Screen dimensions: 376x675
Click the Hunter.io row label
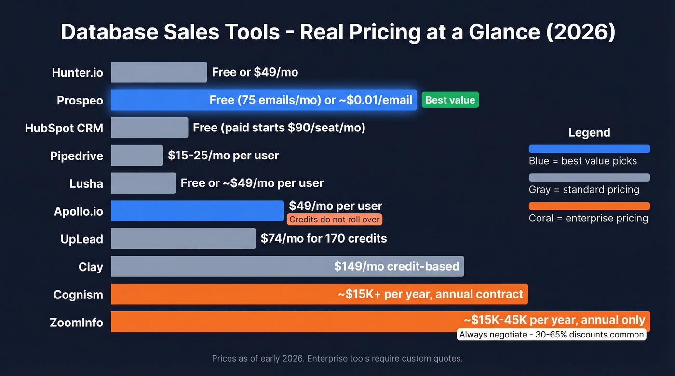coord(78,73)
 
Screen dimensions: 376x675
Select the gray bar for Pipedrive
coord(137,156)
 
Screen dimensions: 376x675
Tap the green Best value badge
coord(450,100)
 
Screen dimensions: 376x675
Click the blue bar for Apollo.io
coord(197,211)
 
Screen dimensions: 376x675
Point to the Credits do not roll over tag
coord(335,220)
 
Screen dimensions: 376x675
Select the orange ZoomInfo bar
coord(284,322)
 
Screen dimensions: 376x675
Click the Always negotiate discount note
coord(551,335)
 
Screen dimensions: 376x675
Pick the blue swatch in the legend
coord(589,149)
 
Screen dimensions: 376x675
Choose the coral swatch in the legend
coord(589,206)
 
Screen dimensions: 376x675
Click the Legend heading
coord(589,132)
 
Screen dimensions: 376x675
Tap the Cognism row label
coord(78,295)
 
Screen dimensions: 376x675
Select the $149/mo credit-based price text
coord(396,266)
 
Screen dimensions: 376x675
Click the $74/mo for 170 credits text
coord(324,238)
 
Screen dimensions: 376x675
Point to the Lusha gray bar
coord(143,183)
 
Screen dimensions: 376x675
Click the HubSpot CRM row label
coord(64,129)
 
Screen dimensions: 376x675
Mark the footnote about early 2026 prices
coord(337,359)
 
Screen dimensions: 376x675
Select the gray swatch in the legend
coord(589,177)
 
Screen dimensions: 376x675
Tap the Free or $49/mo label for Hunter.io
coord(255,72)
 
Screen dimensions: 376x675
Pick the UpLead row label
coord(82,239)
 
